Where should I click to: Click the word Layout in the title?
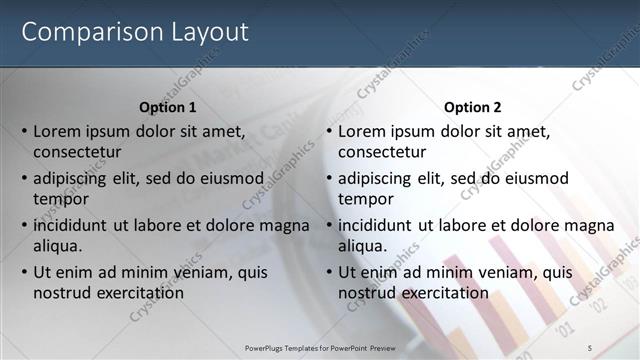tap(203, 32)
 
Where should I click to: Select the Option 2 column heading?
tap(472, 107)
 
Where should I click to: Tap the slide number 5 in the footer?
tap(590, 346)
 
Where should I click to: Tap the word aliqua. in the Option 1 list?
tap(58, 246)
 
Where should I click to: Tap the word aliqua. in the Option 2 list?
tap(363, 246)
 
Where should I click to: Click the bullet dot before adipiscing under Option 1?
tap(24, 179)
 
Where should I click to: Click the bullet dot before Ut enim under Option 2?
tap(329, 273)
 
